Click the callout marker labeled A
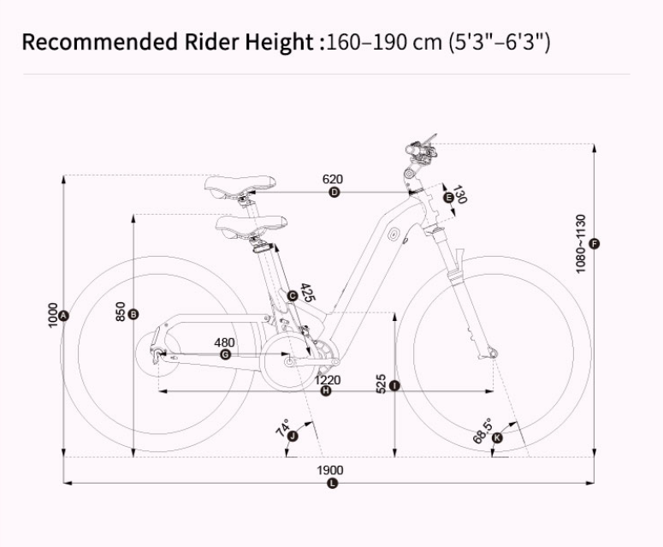tap(65, 315)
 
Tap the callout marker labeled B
tap(134, 315)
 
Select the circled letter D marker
tap(334, 193)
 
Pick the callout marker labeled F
tap(595, 244)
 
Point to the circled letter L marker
tap(333, 484)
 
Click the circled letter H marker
tap(326, 391)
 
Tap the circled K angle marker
tap(498, 438)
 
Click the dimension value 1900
tap(330, 470)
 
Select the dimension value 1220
tap(328, 380)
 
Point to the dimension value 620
tap(333, 180)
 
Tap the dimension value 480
tap(224, 342)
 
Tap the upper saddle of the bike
tap(240, 184)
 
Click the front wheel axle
tap(493, 352)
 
